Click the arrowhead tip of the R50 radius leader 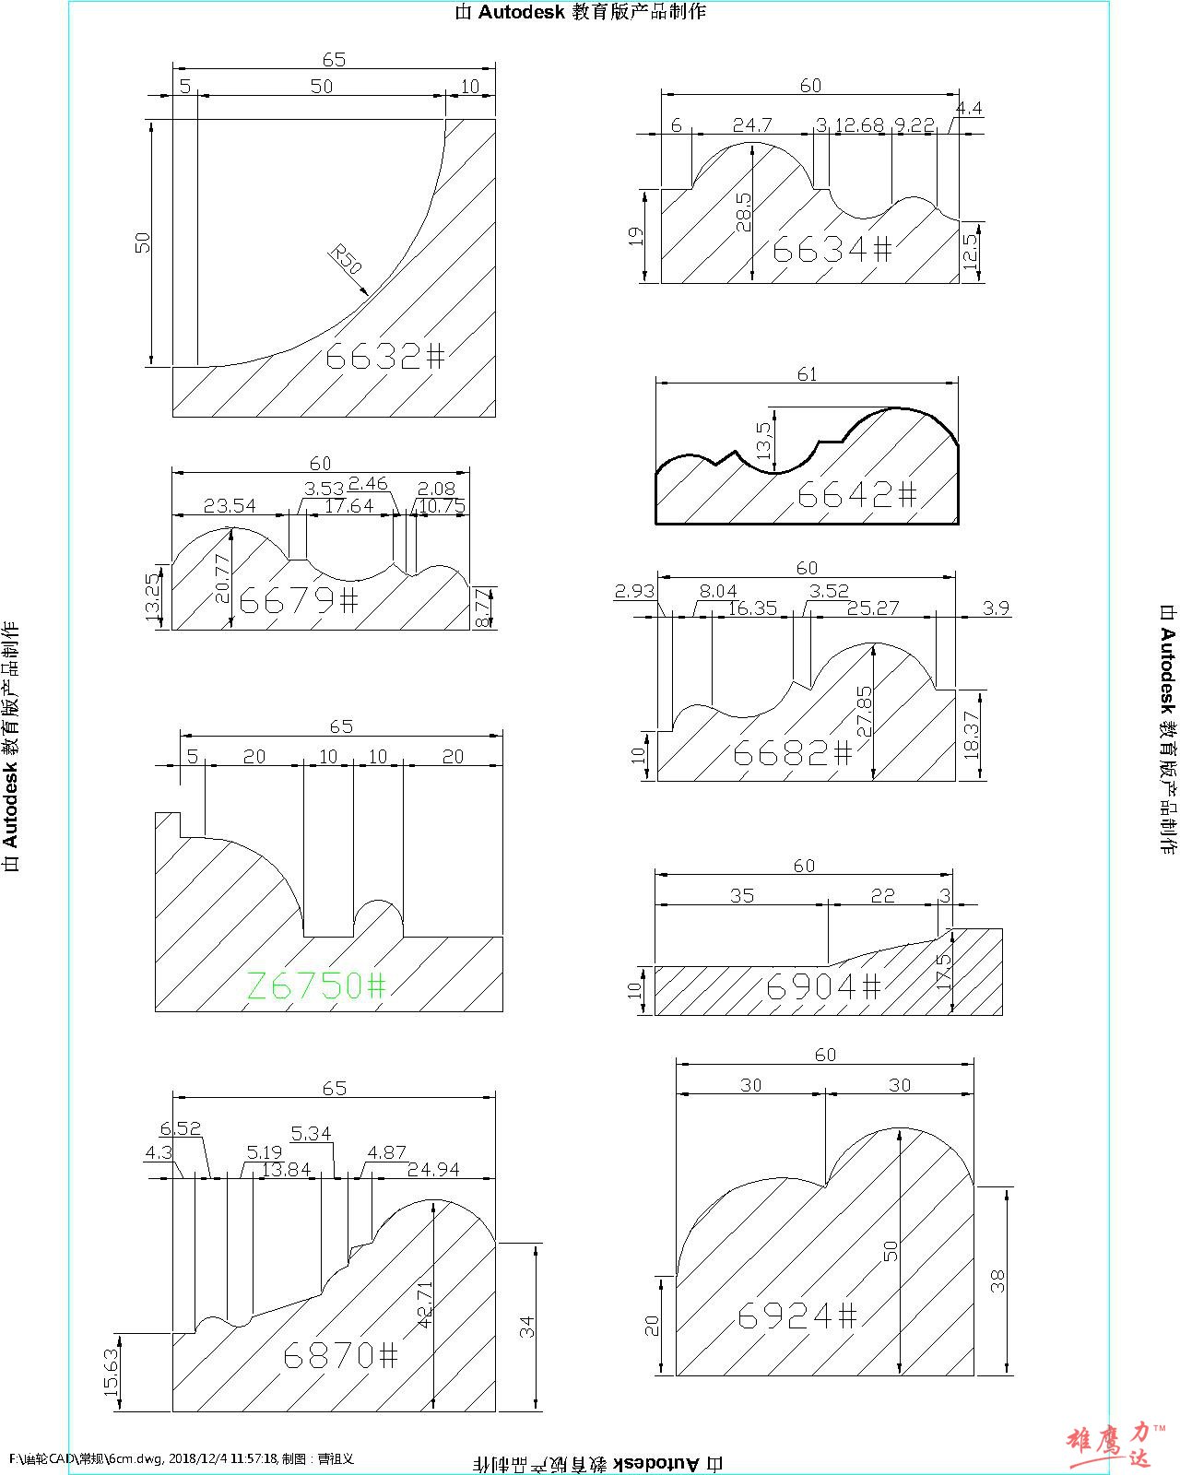point(369,295)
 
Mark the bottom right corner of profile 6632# point(495,417)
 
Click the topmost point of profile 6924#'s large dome point(898,1127)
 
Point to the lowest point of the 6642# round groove point(774,473)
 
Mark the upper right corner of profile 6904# point(1002,928)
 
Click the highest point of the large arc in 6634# point(752,143)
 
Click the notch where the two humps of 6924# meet point(825,1186)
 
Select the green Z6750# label point(316,985)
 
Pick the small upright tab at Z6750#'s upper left point(168,824)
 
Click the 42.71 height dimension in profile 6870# point(425,1304)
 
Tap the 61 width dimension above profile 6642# point(807,374)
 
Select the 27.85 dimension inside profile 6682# point(865,712)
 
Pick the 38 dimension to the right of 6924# point(997,1280)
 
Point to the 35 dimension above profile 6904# point(742,896)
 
